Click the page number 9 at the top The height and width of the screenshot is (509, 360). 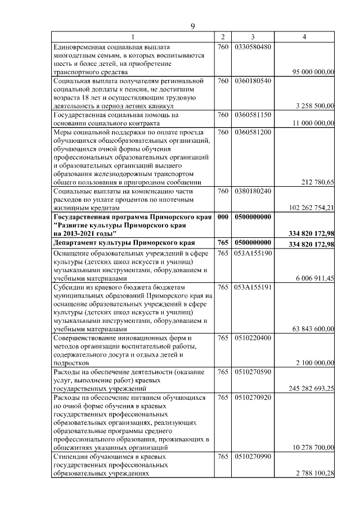[x=192, y=26]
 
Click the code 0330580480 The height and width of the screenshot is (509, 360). [x=253, y=46]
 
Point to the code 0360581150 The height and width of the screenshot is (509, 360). [x=253, y=115]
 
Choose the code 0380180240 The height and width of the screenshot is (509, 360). [x=253, y=191]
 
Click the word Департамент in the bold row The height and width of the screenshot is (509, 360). [x=75, y=243]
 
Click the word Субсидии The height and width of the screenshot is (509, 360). [x=67, y=287]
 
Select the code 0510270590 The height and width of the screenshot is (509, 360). [x=253, y=372]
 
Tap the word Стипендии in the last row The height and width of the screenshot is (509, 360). [x=69, y=457]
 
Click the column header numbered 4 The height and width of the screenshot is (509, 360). [x=304, y=37]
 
